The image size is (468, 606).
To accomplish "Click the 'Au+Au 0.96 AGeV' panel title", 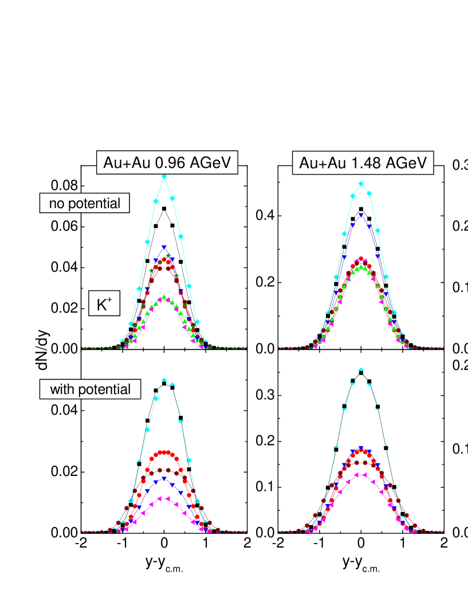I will [x=167, y=163].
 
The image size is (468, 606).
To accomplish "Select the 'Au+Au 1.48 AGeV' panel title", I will [x=363, y=164].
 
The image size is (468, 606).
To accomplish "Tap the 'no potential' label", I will [x=84, y=203].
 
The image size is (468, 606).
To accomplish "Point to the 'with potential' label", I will [x=90, y=389].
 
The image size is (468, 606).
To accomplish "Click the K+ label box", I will [x=104, y=304].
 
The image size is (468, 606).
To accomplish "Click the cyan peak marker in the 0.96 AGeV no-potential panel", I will [x=164, y=176].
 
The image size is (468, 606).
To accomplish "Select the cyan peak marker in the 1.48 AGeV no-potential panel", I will [x=361, y=184].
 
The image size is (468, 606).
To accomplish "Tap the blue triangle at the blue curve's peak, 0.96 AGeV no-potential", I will [x=164, y=247].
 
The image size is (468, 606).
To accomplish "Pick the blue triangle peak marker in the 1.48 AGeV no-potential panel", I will [x=361, y=215].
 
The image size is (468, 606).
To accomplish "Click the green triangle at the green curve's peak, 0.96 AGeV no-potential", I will [x=164, y=297].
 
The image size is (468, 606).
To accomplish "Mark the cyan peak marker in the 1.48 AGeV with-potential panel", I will [x=361, y=369].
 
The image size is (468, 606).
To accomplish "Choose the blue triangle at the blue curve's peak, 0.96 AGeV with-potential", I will [x=164, y=478].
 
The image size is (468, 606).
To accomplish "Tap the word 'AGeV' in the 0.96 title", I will [x=210, y=163].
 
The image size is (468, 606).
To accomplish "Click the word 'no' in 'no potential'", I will [x=56, y=203].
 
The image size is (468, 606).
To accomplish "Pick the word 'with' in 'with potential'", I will [x=61, y=389].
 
